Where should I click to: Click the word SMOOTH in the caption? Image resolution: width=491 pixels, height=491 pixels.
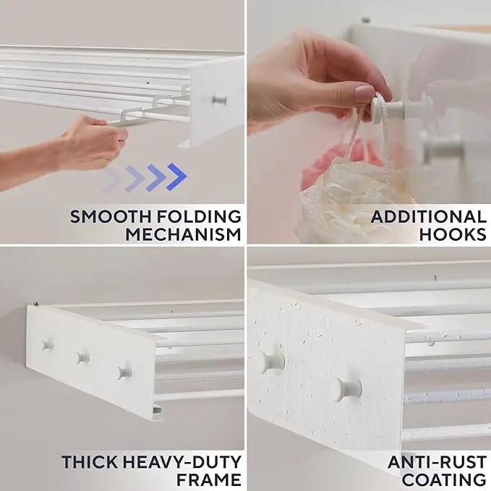click(x=111, y=217)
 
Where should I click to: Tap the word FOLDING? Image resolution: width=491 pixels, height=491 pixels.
click(x=199, y=217)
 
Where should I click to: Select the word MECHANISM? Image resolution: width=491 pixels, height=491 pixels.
click(x=184, y=234)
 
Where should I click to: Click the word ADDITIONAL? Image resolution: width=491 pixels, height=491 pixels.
click(x=429, y=217)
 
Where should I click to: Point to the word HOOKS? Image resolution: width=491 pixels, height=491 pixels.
click(x=453, y=234)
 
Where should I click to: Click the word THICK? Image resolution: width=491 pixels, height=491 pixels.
click(x=90, y=462)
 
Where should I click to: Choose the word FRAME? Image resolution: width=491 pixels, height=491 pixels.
click(x=209, y=479)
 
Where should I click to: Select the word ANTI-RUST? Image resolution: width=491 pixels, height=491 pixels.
click(x=437, y=462)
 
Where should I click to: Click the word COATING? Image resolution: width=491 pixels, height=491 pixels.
click(x=444, y=479)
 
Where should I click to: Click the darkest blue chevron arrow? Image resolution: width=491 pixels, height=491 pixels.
click(x=176, y=176)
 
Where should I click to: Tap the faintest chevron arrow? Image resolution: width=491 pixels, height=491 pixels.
click(x=112, y=180)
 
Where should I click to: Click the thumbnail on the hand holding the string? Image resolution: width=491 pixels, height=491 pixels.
click(x=364, y=93)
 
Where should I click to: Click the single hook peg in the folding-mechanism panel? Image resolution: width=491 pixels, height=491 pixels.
click(x=220, y=101)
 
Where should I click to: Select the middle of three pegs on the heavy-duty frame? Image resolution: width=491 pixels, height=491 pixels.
click(x=83, y=358)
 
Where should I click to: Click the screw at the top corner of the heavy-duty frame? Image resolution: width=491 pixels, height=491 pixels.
click(x=37, y=304)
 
